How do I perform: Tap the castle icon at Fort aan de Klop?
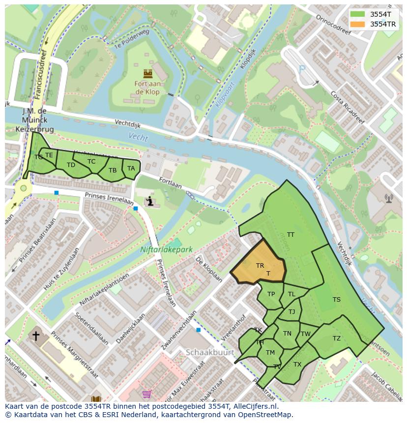(147, 74)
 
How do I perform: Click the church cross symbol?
(36, 336)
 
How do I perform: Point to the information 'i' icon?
(150, 201)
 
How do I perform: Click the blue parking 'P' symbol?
(302, 69)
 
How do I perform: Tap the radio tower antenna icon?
(389, 198)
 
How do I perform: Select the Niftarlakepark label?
(166, 250)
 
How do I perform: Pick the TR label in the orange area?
(260, 265)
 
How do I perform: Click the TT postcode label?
(291, 235)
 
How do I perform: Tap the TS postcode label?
(336, 300)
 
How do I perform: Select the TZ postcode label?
(336, 338)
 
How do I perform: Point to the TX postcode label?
(297, 364)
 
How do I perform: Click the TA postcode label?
(131, 168)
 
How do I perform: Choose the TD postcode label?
(71, 165)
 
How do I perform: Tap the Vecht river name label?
(138, 137)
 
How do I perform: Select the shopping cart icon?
(146, 394)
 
